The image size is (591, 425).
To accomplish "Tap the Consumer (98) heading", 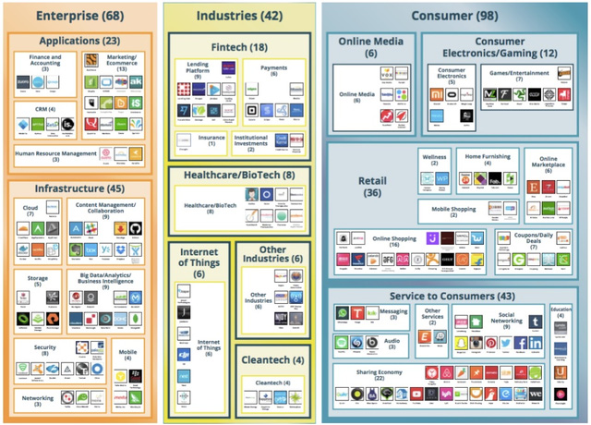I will point(453,16).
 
